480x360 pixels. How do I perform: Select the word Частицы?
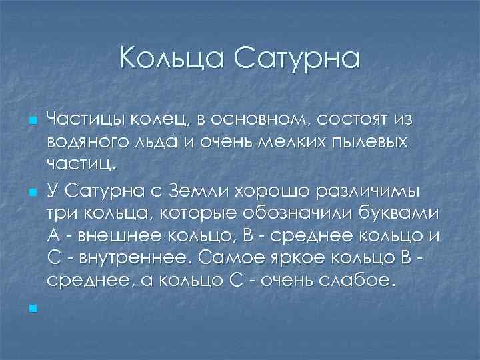click(82, 120)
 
